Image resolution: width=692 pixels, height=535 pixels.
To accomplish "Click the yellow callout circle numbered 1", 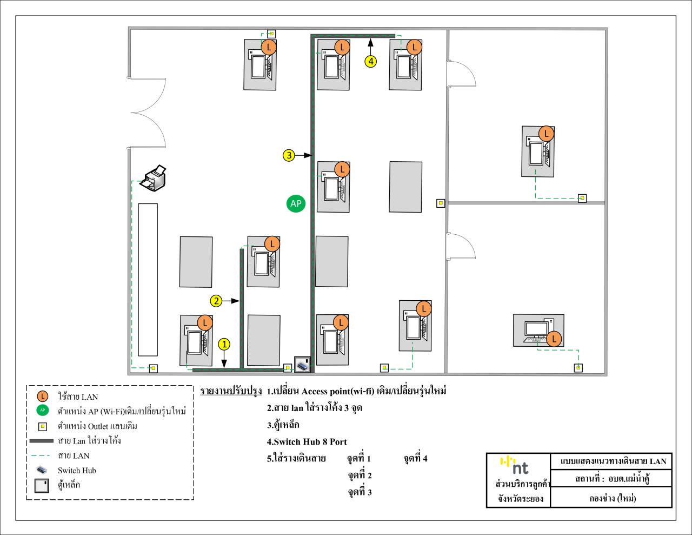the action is tap(224, 344).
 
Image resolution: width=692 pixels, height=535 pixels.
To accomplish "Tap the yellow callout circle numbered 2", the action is tap(216, 301).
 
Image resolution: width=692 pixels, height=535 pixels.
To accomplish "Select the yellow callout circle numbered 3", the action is tap(289, 155).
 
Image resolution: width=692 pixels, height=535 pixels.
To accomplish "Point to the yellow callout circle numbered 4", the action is tap(371, 61).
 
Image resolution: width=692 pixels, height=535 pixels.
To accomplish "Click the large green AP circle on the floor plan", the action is tap(296, 203).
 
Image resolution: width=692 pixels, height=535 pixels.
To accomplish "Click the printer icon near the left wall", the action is tap(153, 178).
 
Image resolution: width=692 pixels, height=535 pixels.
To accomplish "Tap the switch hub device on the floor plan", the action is tap(302, 365).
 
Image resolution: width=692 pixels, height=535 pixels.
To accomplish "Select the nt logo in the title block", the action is tap(514, 466).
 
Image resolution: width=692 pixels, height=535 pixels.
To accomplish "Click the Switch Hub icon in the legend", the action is tap(42, 470).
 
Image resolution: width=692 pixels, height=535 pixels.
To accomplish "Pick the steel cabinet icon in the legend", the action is tap(42, 486).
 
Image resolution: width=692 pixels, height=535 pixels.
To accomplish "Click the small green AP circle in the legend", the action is tap(42, 411).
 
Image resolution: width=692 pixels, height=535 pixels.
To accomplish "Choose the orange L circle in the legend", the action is tap(42, 397).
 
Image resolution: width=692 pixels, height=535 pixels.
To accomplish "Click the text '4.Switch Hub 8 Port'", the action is tap(307, 441).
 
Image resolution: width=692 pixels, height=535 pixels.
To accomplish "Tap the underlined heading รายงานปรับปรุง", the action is tap(231, 391).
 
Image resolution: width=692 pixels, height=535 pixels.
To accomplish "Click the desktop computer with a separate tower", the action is tap(538, 331).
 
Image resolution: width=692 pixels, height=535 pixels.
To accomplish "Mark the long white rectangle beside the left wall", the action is tap(148, 280).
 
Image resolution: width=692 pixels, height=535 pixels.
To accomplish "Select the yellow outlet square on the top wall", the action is tap(271, 34).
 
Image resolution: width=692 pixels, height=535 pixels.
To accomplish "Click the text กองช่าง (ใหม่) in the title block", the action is tap(613, 498).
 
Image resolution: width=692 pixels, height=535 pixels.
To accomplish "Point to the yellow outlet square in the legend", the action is tap(43, 426).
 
